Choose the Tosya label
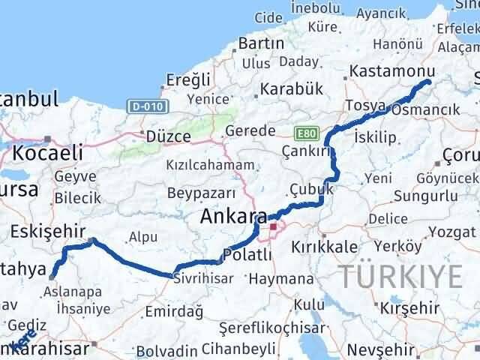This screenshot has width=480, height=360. click(366, 104)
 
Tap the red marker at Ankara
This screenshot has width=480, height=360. click(274, 226)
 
